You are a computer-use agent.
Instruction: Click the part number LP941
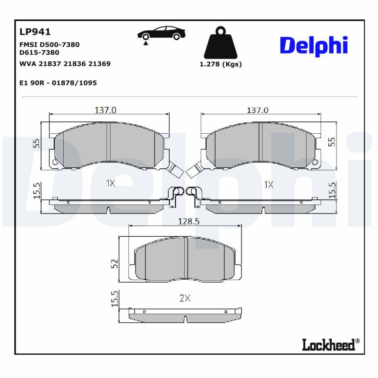(x=35, y=32)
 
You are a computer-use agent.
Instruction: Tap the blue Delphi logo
(x=314, y=46)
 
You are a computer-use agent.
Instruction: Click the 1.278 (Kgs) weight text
(x=221, y=64)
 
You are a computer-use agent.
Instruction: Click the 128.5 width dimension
(x=189, y=221)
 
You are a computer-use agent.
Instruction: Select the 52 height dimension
(x=114, y=264)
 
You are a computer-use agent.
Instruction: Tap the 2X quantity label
(x=185, y=299)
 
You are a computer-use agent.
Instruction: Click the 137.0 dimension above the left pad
(x=105, y=110)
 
